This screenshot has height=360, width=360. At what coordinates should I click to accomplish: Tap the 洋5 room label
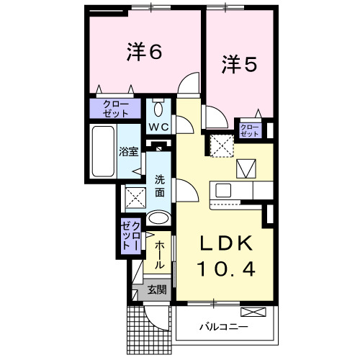pyautogui.click(x=238, y=66)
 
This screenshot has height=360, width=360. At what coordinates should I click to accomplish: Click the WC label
pyautogui.click(x=158, y=126)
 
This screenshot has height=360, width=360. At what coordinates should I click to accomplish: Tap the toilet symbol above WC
pyautogui.click(x=159, y=107)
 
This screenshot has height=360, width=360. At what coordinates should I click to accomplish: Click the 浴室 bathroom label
pyautogui.click(x=128, y=152)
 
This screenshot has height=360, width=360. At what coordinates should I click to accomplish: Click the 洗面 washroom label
pyautogui.click(x=160, y=186)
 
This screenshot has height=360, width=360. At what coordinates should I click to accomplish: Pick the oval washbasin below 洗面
pyautogui.click(x=159, y=217)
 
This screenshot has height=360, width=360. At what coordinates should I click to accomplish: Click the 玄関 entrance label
pyautogui.click(x=156, y=291)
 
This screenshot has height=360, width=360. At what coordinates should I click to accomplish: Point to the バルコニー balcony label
pyautogui.click(x=223, y=326)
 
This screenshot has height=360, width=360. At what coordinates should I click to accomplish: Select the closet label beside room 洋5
pyautogui.click(x=249, y=130)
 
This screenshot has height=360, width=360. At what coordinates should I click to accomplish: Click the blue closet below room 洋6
pyautogui.click(x=115, y=109)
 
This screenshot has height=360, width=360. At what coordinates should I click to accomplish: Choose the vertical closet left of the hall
pyautogui.click(x=132, y=237)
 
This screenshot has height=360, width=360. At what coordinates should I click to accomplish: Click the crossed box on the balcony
pyautogui.click(x=253, y=312)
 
